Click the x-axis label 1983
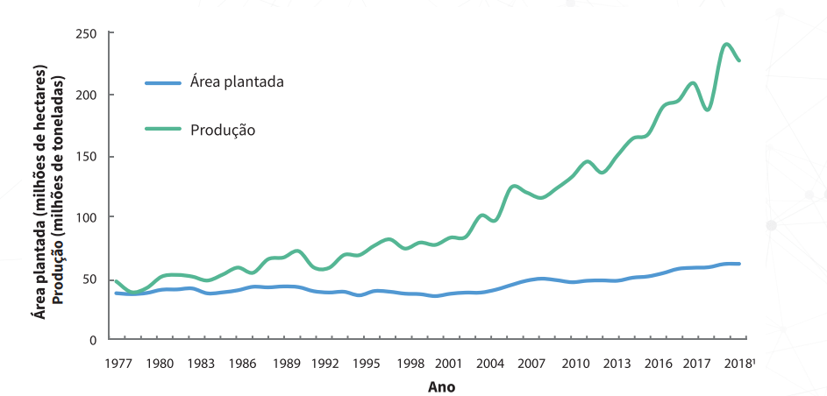click(x=200, y=363)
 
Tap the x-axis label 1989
click(x=283, y=363)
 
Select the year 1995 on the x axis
click(x=367, y=363)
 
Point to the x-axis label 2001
click(x=450, y=363)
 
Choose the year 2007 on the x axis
click(x=532, y=363)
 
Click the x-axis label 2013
click(x=616, y=363)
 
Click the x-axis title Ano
click(x=441, y=385)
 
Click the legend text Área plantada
click(x=237, y=82)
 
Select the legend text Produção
click(x=223, y=129)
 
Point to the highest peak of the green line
click(x=727, y=44)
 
